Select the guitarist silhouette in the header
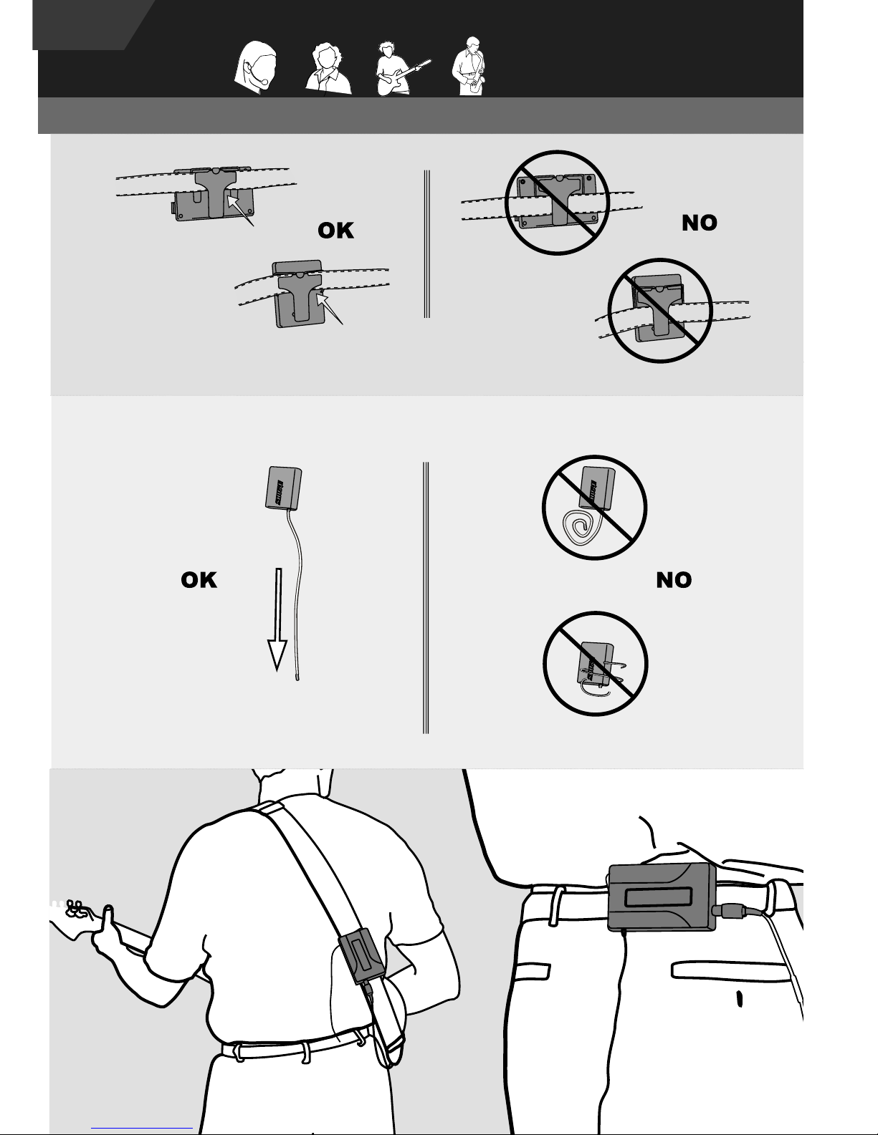click(x=401, y=69)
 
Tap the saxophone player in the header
click(x=469, y=67)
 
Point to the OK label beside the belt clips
click(x=335, y=231)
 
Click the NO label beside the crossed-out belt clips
click(x=700, y=223)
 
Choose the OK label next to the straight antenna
click(x=199, y=580)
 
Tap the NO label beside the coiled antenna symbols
click(x=674, y=580)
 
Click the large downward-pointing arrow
click(x=277, y=619)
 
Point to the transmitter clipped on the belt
click(x=662, y=897)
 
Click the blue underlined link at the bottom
click(x=142, y=1128)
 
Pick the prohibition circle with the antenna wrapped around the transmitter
click(x=596, y=663)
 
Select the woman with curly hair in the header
click(x=328, y=69)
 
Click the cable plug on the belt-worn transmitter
click(x=733, y=912)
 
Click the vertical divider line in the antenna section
click(x=426, y=597)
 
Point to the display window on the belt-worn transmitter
click(x=658, y=897)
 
